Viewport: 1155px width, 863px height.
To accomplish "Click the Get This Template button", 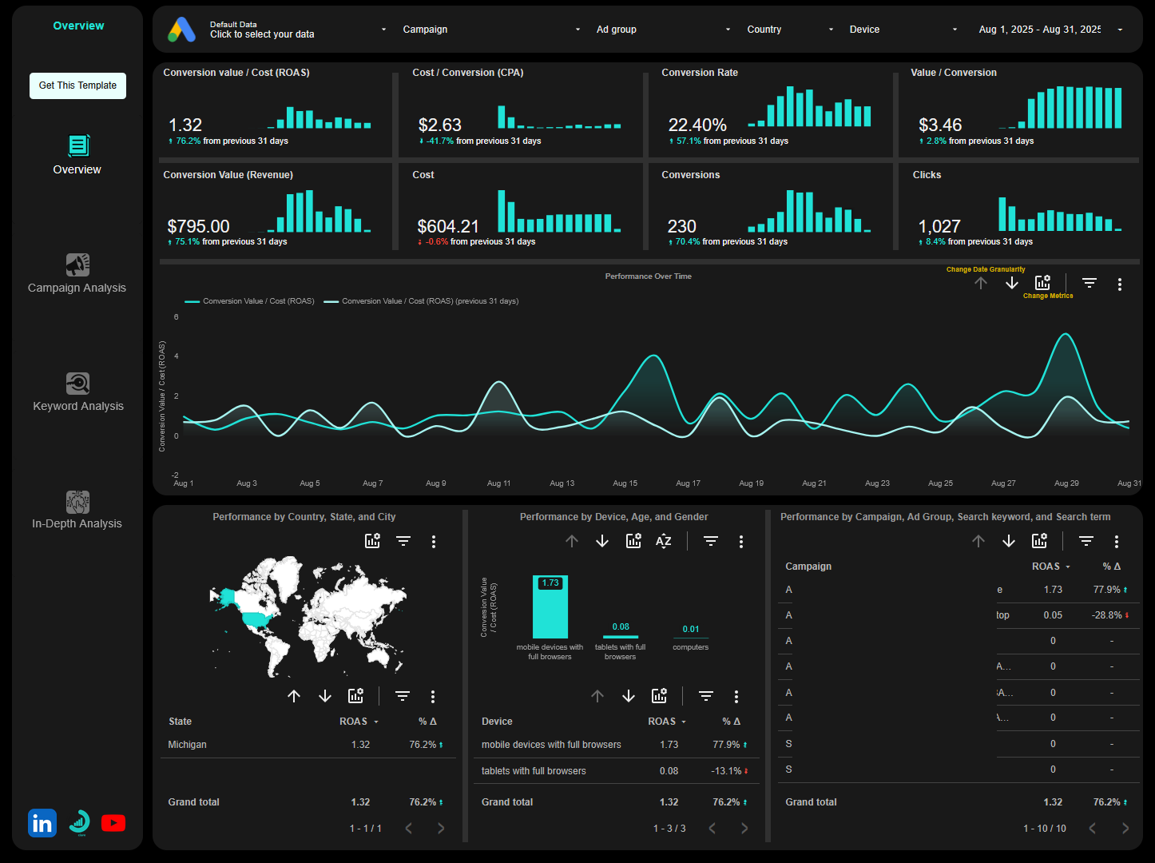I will (77, 86).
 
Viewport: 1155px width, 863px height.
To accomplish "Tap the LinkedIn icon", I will (42, 823).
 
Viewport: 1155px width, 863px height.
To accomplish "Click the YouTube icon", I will (113, 823).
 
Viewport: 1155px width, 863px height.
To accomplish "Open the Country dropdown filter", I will (789, 30).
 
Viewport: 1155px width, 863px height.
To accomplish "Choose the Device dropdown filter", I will (903, 30).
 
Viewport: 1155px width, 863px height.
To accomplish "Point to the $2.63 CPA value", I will (440, 125).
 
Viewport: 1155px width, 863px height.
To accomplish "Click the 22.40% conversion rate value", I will (697, 125).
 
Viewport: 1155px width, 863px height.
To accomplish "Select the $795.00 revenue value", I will (198, 227).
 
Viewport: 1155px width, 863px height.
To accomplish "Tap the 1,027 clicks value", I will (939, 227).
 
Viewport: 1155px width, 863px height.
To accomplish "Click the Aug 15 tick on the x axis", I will (625, 483).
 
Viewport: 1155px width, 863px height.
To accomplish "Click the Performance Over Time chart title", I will (648, 276).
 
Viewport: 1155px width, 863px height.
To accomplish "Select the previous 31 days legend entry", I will (430, 301).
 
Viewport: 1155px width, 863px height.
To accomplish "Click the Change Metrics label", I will (1048, 296).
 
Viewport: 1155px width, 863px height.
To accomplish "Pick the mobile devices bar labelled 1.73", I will (550, 607).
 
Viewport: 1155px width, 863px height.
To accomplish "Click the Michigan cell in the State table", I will (188, 745).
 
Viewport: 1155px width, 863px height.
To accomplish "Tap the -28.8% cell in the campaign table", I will (1106, 615).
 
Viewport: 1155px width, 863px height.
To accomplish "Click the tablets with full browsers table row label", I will (534, 771).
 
